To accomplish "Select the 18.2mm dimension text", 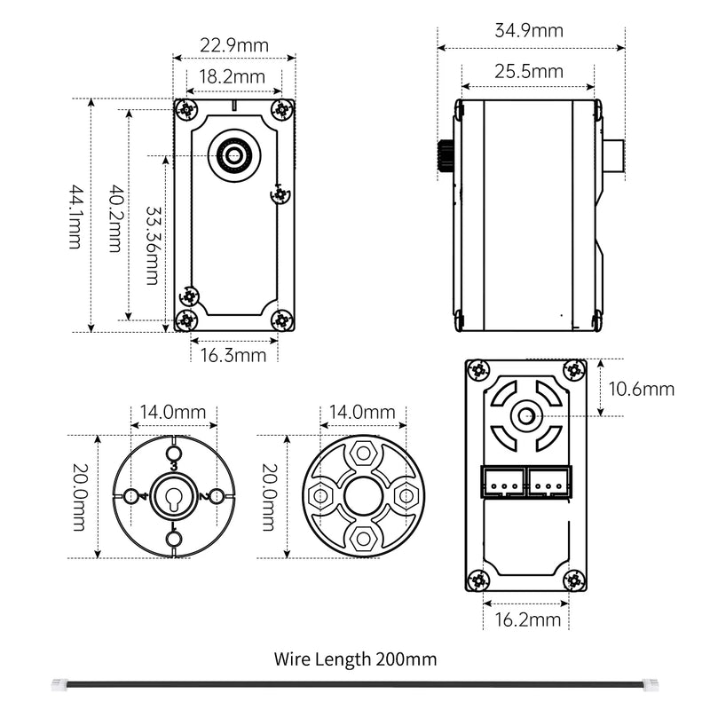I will (232, 76).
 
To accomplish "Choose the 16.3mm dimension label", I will (233, 356).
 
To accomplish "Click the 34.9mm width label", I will (529, 30).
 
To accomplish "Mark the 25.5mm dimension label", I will (529, 72).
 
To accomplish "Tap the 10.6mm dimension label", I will (642, 389).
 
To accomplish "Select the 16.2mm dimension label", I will (528, 619).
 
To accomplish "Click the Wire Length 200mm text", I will (355, 659).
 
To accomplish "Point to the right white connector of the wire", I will (651, 684).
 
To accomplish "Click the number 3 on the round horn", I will (173, 465).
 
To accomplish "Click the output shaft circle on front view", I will (235, 156).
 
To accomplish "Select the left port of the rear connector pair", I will (504, 482).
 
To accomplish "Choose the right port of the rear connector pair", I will (550, 482).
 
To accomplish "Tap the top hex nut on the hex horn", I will (361, 452).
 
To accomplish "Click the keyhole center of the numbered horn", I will (173, 496).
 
